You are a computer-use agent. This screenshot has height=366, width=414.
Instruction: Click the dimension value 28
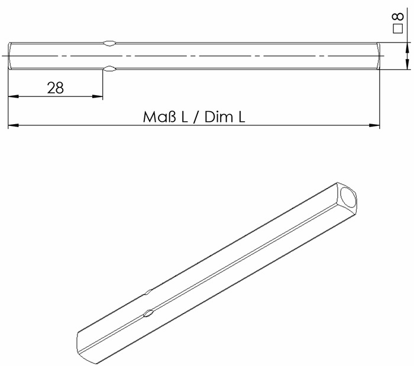(55, 88)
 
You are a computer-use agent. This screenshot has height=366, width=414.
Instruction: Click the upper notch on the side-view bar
(109, 43)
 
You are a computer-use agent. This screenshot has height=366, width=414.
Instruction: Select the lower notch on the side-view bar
(109, 70)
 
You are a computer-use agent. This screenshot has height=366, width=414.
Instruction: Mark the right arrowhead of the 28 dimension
(98, 96)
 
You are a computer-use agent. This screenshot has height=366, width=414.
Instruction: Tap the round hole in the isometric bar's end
(350, 199)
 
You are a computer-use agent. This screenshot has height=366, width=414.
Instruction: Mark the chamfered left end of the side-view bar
(10, 56)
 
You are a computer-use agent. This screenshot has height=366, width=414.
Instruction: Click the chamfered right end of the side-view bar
(377, 56)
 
